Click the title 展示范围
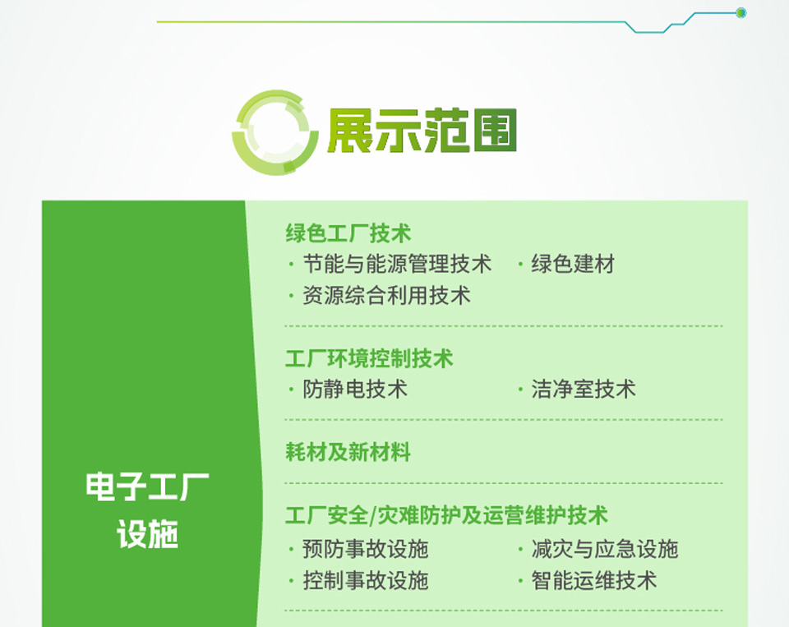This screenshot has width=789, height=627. click(x=422, y=131)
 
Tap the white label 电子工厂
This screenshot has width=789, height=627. click(x=147, y=486)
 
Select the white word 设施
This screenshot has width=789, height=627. click(x=147, y=534)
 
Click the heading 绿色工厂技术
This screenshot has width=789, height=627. click(x=348, y=233)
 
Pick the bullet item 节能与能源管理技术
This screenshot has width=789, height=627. click(x=397, y=264)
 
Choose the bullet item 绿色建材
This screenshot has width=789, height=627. click(x=573, y=264)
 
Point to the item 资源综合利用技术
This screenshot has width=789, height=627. click(x=386, y=295)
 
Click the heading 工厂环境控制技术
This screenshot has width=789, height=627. click(x=369, y=358)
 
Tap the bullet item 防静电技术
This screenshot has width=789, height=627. click(x=355, y=389)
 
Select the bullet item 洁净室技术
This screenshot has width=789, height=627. click(x=584, y=389)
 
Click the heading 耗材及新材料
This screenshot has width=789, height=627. click(x=348, y=452)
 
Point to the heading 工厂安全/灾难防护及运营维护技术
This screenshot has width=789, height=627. click(x=447, y=515)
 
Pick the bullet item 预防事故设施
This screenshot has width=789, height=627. click(x=365, y=549)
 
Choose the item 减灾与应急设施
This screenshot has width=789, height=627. click(x=605, y=549)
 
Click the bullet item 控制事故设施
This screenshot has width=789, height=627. click(x=365, y=581)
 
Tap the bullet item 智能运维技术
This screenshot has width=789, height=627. click(x=594, y=581)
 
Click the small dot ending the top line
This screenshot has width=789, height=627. click(x=741, y=12)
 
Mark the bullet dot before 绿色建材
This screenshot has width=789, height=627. click(x=520, y=264)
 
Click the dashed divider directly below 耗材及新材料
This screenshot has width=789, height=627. click(x=503, y=483)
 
